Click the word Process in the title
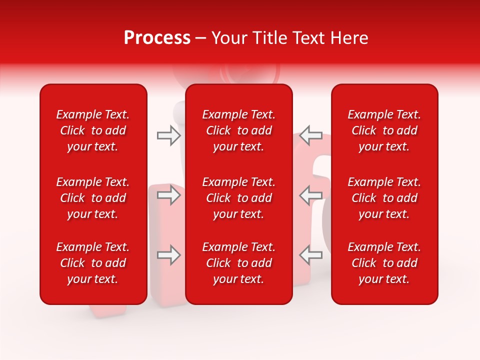157,38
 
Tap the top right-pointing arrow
168,135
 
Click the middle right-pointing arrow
168,195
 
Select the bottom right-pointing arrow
168,255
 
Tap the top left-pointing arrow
310,135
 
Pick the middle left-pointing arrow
310,195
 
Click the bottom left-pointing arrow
310,255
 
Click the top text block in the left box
93,130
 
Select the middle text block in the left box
93,198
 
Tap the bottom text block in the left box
93,263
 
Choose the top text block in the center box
239,130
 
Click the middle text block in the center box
239,198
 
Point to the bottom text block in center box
239,263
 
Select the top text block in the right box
384,130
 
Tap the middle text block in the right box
384,198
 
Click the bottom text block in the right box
384,263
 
